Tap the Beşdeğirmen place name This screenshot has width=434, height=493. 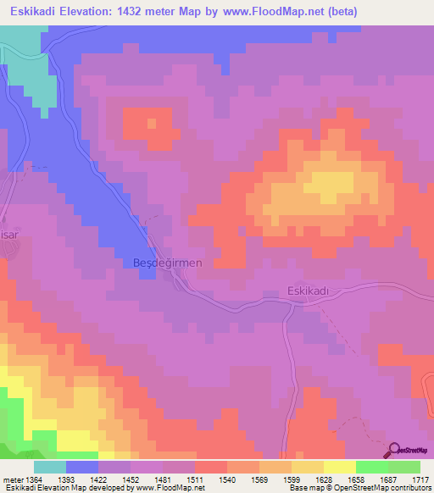[168, 263]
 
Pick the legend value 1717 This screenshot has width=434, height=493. [420, 479]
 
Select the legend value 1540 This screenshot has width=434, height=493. [228, 479]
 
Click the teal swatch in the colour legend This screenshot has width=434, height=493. [50, 467]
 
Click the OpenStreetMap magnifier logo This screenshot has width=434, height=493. [396, 450]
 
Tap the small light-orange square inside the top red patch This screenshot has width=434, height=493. [152, 123]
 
